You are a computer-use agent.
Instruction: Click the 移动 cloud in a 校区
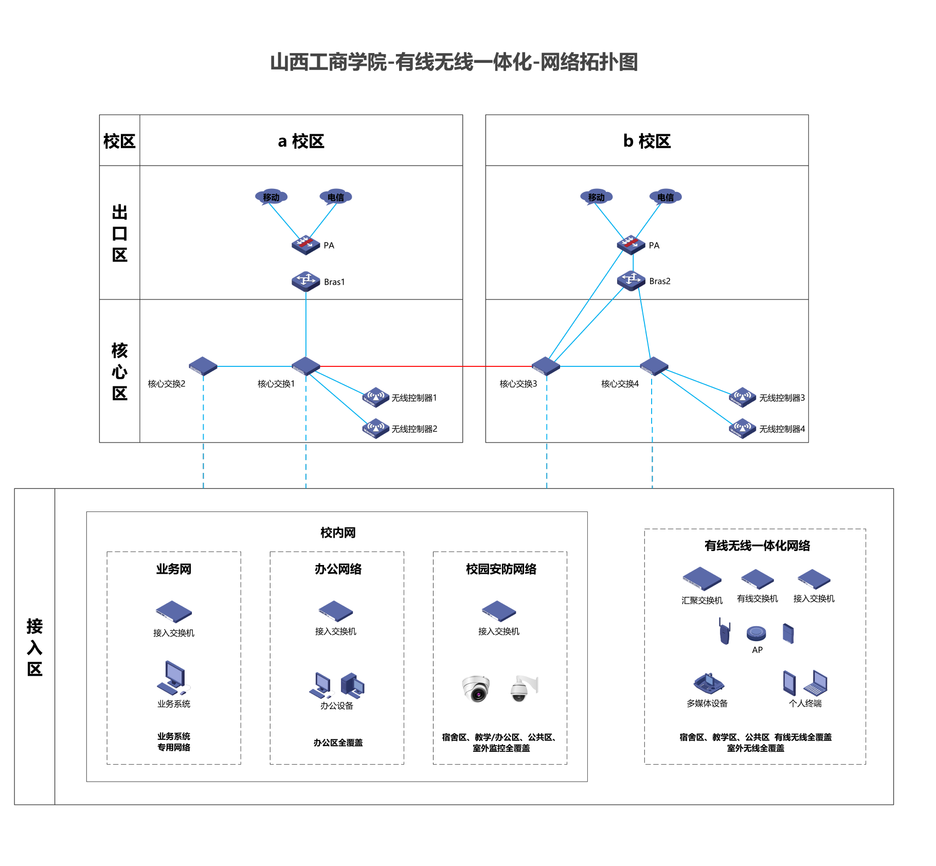(x=271, y=197)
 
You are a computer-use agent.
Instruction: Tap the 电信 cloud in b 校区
(x=665, y=197)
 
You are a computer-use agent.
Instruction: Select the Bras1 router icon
(x=306, y=281)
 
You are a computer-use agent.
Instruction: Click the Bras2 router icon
(x=631, y=280)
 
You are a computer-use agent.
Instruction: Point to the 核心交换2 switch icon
(x=203, y=366)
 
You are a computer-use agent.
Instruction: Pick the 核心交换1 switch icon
(x=306, y=366)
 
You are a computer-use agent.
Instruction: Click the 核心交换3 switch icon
(x=546, y=366)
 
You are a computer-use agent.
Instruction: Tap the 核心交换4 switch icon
(x=654, y=366)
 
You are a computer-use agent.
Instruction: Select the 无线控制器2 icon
(x=376, y=428)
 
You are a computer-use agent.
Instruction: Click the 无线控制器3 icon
(x=743, y=397)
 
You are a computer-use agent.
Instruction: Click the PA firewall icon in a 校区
(x=306, y=245)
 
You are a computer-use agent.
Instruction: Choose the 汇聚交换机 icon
(x=702, y=579)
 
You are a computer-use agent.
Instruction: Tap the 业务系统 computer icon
(x=174, y=678)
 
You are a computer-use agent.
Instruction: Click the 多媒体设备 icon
(x=709, y=683)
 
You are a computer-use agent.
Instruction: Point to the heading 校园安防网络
(x=501, y=569)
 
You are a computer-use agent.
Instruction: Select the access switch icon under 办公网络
(x=336, y=611)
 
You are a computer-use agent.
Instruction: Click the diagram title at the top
(x=454, y=62)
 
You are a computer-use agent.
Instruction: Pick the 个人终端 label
(x=805, y=703)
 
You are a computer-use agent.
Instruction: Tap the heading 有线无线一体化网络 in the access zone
(x=757, y=546)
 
